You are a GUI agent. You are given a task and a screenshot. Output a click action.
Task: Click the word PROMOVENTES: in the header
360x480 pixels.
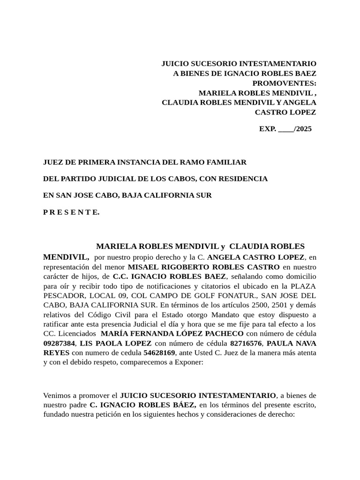[x=285, y=83]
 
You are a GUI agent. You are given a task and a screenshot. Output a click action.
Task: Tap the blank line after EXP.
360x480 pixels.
[x=285, y=129]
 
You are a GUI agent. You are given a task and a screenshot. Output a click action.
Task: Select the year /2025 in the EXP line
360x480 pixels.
[x=302, y=129]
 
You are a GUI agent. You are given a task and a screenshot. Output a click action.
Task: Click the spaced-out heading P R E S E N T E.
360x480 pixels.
[x=71, y=212]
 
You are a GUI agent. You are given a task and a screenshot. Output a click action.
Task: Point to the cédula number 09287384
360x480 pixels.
[x=59, y=344]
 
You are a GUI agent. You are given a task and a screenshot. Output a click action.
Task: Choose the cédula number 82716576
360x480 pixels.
[x=246, y=344]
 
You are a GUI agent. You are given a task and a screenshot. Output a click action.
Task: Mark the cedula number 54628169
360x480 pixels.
[x=159, y=352]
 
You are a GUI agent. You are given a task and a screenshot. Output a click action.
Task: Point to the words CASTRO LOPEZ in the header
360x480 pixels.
[x=285, y=112]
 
